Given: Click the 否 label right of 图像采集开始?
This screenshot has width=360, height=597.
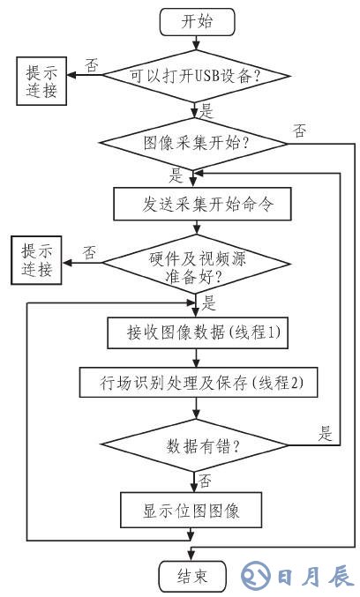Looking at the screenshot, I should click(300, 132).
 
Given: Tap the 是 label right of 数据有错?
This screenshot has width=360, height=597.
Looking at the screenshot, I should click(326, 434).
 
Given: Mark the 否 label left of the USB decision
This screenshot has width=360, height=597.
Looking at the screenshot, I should click(90, 64).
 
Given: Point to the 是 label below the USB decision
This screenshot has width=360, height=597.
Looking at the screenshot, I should click(208, 113).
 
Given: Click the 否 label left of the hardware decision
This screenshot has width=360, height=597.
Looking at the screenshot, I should click(90, 251).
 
